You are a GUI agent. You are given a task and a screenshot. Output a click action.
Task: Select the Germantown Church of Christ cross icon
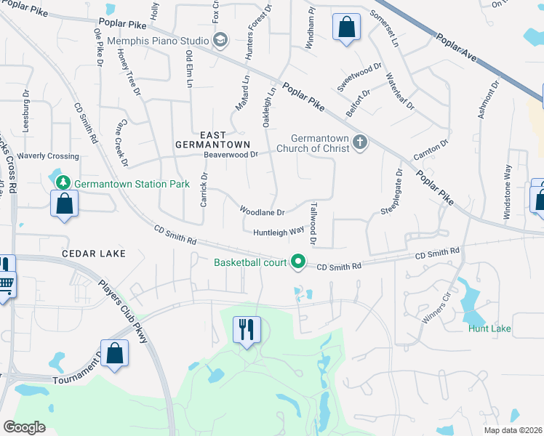358,143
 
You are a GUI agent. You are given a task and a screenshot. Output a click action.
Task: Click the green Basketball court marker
297,262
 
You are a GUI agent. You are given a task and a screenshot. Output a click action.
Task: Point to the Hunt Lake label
489,328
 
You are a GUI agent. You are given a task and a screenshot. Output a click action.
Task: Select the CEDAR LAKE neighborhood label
94,254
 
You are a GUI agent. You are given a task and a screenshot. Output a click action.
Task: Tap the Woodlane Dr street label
262,211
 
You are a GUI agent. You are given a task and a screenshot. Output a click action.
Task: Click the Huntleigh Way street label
279,233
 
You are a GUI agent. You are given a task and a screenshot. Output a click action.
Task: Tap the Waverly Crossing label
48,156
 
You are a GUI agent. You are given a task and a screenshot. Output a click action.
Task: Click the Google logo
24,427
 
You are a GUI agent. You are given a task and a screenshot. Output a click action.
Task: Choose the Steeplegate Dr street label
391,193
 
